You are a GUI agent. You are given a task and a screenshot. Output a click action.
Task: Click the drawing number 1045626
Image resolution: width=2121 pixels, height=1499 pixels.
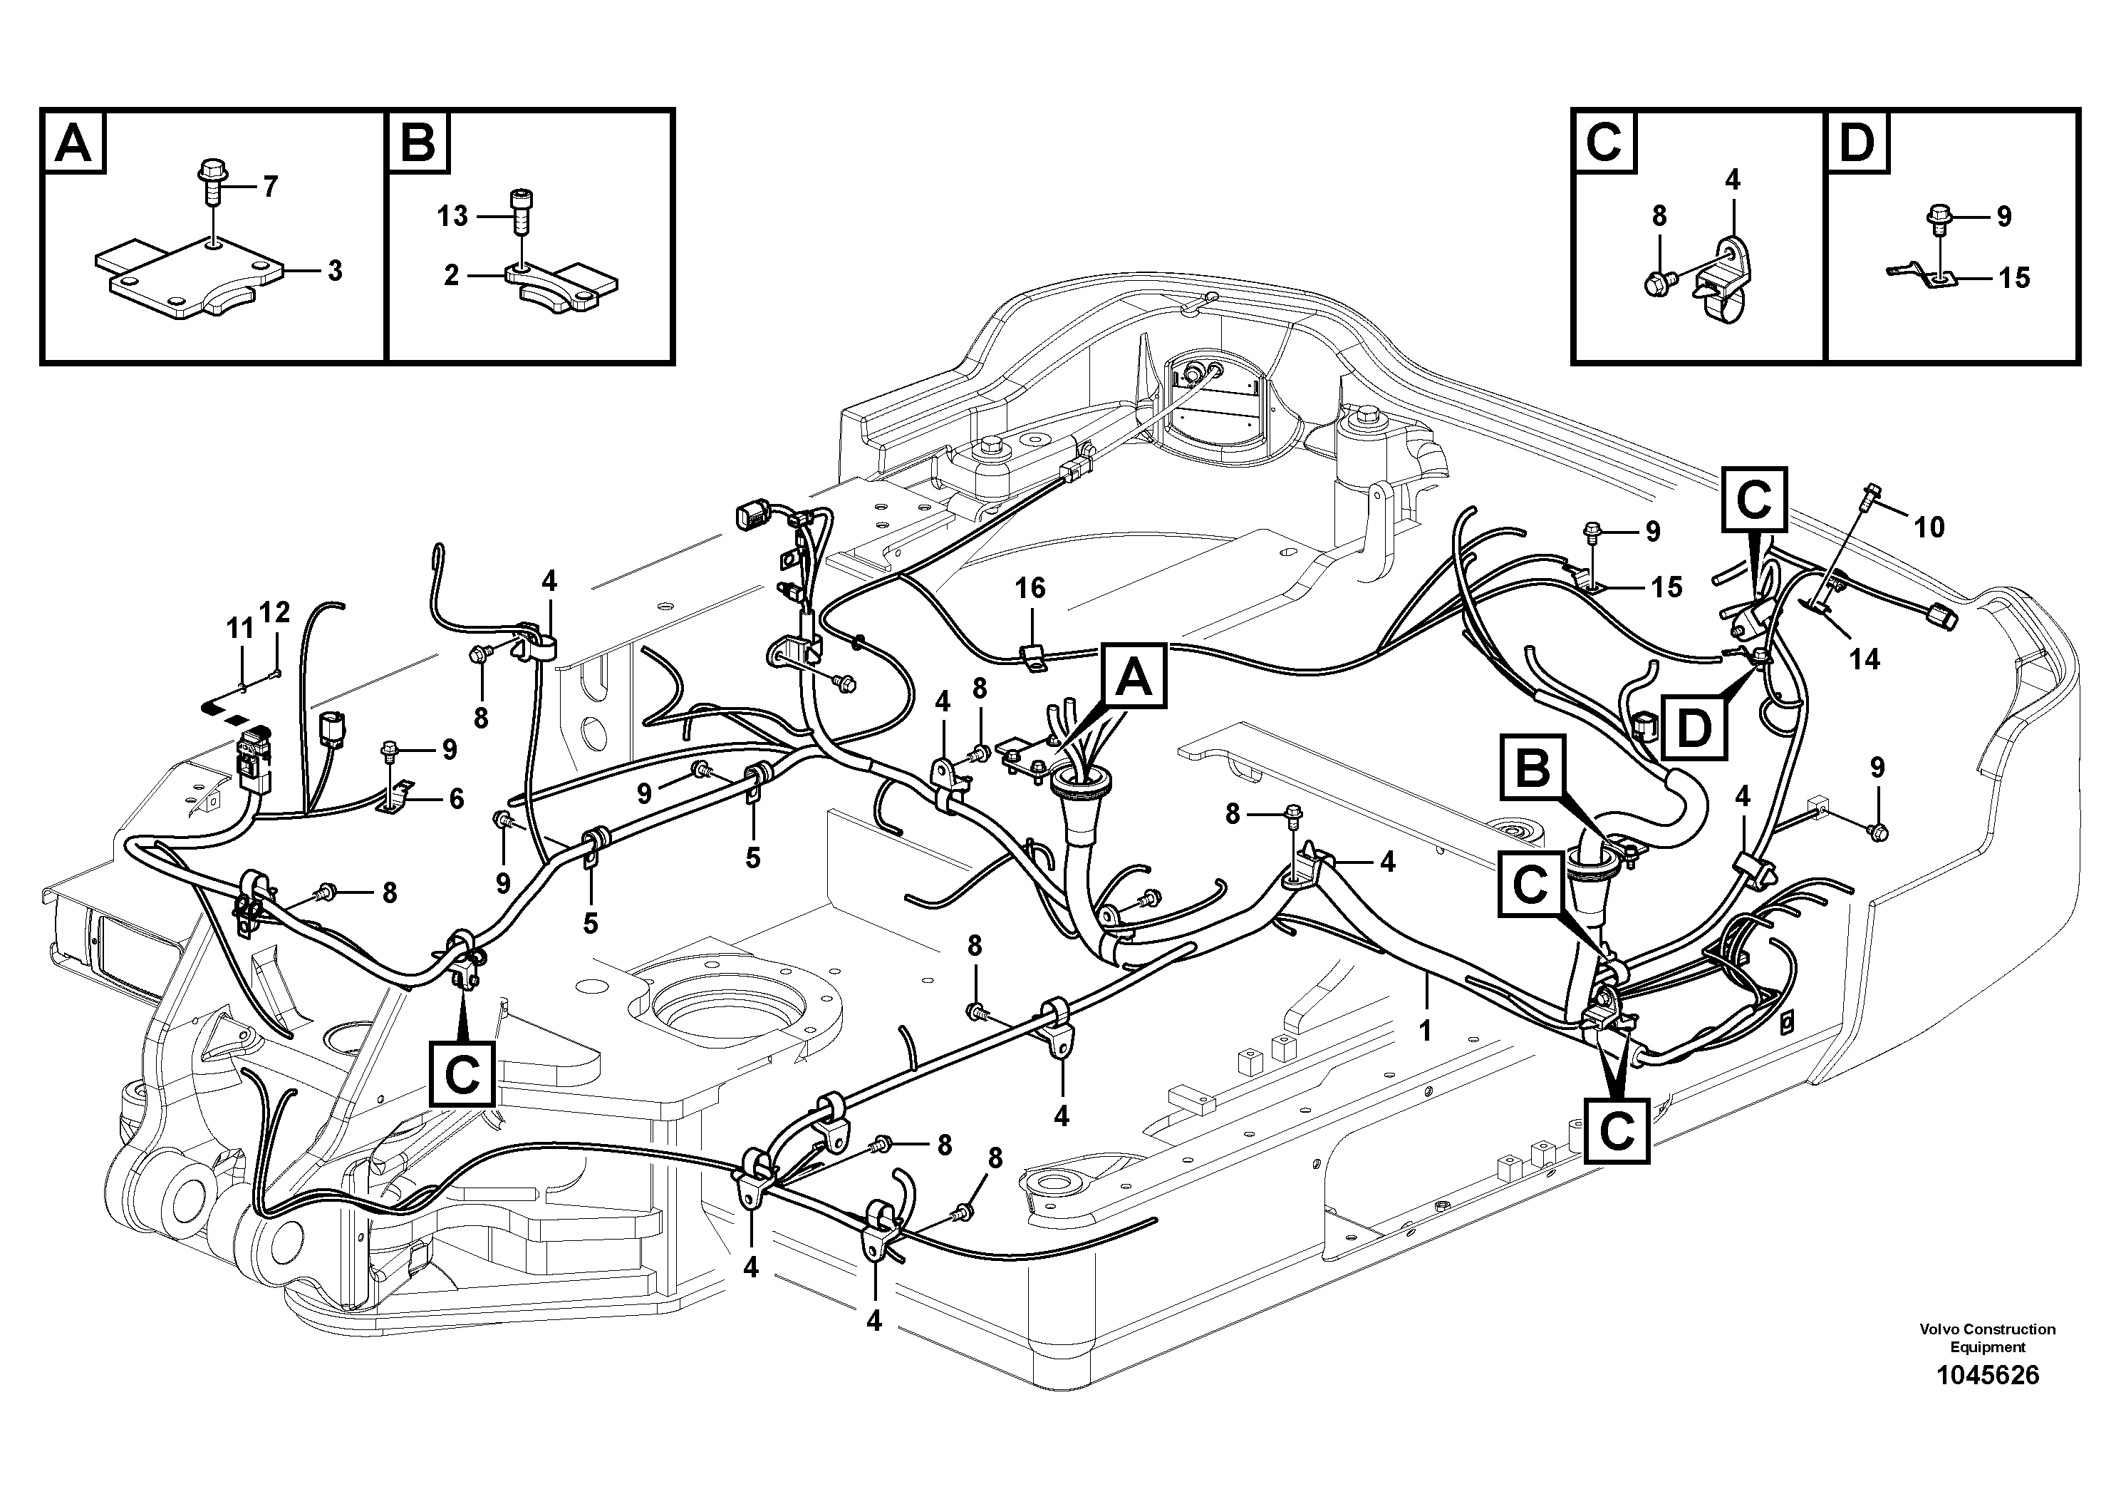[x=1987, y=1401]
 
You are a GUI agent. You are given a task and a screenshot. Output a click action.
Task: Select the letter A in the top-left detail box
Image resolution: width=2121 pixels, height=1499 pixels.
[x=74, y=143]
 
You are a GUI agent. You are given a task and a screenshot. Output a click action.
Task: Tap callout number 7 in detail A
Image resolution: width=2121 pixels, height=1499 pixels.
[x=270, y=187]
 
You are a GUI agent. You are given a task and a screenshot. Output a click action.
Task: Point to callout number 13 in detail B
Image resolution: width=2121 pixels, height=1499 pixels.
[x=452, y=216]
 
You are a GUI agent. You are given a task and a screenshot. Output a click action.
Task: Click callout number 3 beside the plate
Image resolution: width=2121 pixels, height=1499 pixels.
[x=334, y=271]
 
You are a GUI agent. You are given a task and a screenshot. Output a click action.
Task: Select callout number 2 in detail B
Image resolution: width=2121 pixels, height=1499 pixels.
[x=451, y=274]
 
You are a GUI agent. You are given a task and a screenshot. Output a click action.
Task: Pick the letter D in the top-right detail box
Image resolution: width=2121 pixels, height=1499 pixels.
[x=1857, y=143]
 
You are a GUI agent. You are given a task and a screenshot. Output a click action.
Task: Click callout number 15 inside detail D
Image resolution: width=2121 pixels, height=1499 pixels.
[x=2014, y=277]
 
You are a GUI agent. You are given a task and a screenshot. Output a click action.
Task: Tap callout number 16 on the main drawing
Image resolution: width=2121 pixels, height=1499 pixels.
[x=1030, y=588]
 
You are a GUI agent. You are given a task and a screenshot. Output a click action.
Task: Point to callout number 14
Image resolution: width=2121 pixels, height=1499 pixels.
[x=1865, y=659]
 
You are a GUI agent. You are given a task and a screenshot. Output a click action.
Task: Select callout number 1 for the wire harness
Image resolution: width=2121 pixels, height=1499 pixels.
[x=1426, y=1029]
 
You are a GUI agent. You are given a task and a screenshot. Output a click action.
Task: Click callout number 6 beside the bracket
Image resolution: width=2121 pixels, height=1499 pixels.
[x=457, y=798]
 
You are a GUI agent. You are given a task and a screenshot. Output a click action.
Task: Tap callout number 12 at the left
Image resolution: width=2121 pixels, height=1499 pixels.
[x=275, y=612]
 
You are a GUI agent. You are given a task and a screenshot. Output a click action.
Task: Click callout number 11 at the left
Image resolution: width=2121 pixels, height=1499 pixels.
[x=240, y=629]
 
